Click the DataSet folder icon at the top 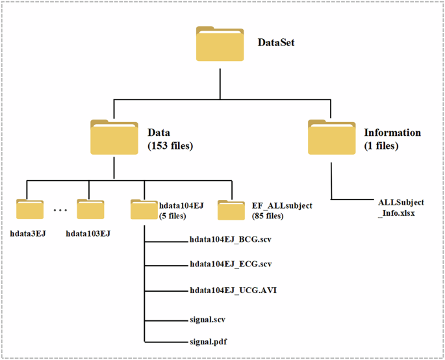[220, 44]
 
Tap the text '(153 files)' [171, 146]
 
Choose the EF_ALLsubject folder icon [231, 210]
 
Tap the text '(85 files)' [268, 216]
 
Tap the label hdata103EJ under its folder [88, 233]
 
